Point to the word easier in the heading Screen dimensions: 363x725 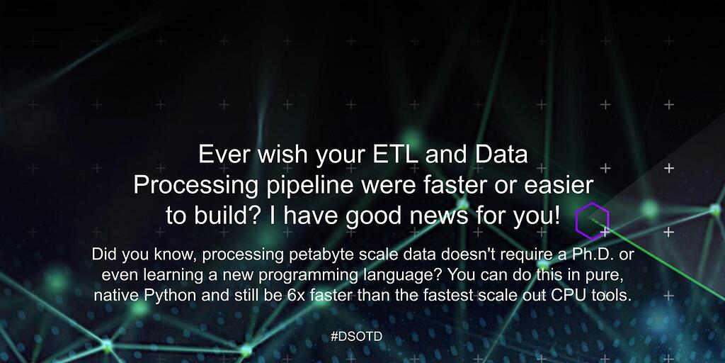pos(557,185)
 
